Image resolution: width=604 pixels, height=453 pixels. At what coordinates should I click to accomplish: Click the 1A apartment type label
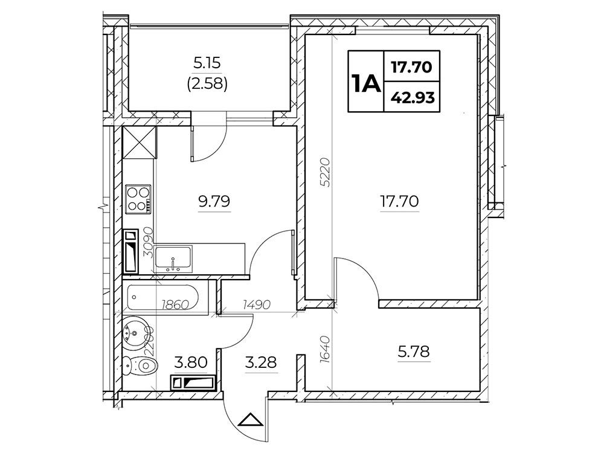365,82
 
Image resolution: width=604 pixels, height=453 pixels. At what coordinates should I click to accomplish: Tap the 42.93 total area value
413,98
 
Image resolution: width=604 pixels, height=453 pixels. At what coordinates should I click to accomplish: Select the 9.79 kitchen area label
214,201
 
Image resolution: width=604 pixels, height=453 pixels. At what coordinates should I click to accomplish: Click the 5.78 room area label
414,352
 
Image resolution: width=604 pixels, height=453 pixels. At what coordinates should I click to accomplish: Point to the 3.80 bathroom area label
191,362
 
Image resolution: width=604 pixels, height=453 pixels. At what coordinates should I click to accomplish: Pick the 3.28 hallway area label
261,362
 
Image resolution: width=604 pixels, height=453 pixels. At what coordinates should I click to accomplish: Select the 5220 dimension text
325,172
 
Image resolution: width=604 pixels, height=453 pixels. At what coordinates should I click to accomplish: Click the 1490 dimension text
257,305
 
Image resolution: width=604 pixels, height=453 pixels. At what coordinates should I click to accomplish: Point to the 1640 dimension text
325,349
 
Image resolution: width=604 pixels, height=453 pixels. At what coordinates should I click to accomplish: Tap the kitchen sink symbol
173,259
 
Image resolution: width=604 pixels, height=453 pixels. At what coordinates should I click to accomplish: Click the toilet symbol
140,364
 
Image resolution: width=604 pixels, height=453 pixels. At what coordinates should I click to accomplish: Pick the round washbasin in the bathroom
135,333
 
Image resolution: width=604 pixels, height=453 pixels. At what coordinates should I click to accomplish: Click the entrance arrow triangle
251,420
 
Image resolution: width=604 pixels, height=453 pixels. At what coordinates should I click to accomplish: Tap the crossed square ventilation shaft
140,142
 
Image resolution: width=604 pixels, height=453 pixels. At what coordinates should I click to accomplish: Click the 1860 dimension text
175,305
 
